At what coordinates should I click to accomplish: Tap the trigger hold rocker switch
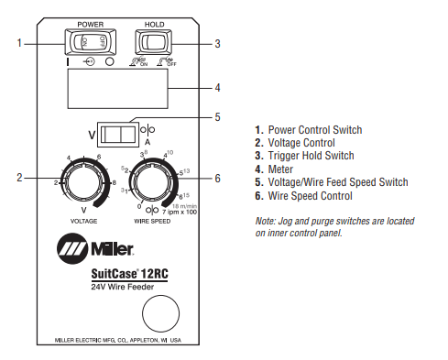pyautogui.click(x=154, y=42)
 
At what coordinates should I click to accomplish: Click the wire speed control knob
pyautogui.click(x=151, y=186)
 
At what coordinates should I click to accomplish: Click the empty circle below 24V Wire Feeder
pyautogui.click(x=158, y=311)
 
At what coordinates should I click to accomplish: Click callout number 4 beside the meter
pyautogui.click(x=217, y=89)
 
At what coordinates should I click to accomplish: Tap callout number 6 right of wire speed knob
pyautogui.click(x=217, y=177)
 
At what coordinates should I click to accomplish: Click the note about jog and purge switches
pyautogui.click(x=334, y=227)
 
